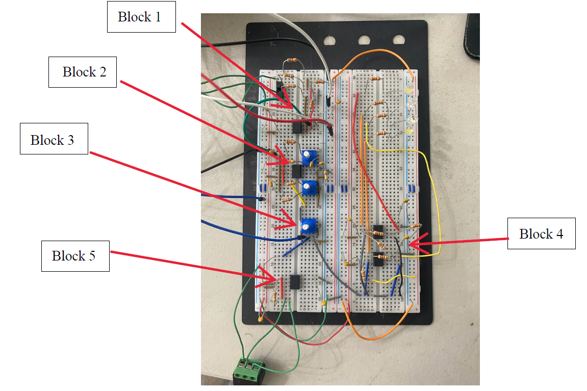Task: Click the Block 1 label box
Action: [x=141, y=17]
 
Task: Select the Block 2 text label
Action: [x=84, y=72]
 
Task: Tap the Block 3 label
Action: [x=54, y=139]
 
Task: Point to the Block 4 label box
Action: [x=541, y=234]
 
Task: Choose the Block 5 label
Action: [x=75, y=255]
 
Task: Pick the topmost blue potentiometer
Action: [x=308, y=157]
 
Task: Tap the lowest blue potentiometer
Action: [x=307, y=225]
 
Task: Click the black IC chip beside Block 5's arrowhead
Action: [x=294, y=282]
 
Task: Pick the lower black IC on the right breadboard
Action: [x=378, y=259]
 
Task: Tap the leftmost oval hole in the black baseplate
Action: [x=328, y=39]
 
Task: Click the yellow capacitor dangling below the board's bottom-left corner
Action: [x=261, y=320]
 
